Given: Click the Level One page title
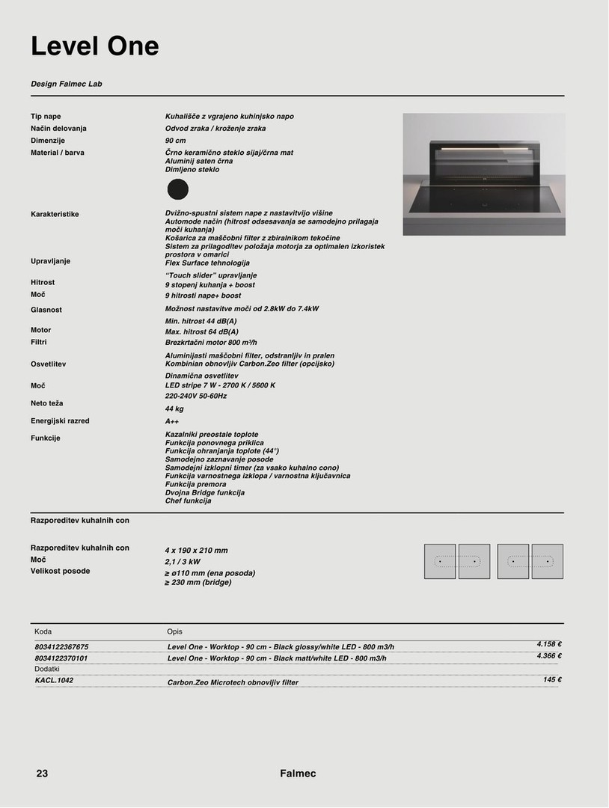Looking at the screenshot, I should [95, 46].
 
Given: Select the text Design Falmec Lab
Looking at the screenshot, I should [66, 84].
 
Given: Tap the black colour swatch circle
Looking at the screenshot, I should [177, 189].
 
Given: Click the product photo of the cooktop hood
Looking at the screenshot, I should [483, 174].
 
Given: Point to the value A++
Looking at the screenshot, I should [172, 421].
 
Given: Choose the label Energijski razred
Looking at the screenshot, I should [60, 421].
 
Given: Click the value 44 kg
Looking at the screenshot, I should [174, 409].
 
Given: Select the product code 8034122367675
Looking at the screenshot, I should [61, 646].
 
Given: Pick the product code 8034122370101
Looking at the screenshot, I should [61, 658].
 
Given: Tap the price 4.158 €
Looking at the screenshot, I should [549, 644].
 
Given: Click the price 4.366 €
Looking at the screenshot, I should [549, 656].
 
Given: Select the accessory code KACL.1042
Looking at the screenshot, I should [55, 680].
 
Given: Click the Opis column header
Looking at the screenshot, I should [175, 631].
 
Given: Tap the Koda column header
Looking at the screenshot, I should [43, 631].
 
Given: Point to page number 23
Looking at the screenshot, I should [42, 774].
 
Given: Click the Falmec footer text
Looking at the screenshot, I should [298, 774].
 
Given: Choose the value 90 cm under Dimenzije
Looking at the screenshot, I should [175, 141].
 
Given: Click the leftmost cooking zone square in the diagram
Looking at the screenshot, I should [440, 561].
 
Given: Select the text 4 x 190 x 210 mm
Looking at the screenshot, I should [196, 550].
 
